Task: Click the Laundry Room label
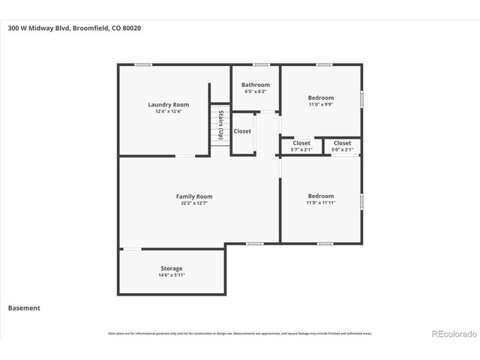pos(168,105)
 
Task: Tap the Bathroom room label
pos(255,85)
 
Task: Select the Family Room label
pos(194,196)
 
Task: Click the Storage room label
pos(171,268)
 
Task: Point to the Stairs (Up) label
pos(220,124)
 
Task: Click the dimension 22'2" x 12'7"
pos(194,203)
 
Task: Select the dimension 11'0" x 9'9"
pos(320,104)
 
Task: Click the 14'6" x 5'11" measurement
pos(171,275)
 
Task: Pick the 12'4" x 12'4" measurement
pos(168,112)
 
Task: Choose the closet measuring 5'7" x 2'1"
pos(301,146)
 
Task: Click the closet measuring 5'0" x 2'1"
pos(342,146)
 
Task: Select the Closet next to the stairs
pos(242,131)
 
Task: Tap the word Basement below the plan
pos(24,307)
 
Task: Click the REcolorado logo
pos(452,334)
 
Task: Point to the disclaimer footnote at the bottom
pos(240,334)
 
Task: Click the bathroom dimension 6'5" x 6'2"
pos(255,91)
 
